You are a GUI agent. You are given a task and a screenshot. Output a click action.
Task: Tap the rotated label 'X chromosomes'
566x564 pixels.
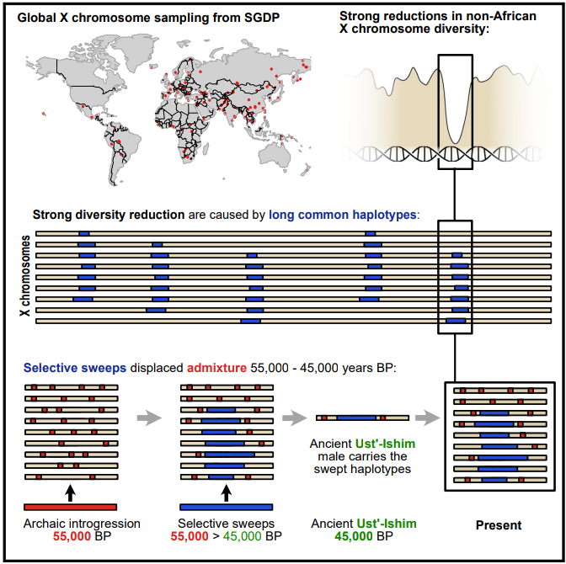point(24,276)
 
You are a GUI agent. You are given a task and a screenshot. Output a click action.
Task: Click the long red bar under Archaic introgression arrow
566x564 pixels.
point(71,507)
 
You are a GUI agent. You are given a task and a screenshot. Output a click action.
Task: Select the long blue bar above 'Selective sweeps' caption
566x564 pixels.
point(227,507)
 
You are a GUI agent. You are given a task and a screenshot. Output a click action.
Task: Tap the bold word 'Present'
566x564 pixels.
point(499,525)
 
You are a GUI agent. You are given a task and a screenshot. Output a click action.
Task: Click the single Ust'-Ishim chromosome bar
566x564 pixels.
point(362,418)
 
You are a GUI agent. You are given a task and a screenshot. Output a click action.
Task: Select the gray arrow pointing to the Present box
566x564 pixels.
point(428,418)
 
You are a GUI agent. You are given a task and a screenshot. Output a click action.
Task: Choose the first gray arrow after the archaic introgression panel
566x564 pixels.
point(149,418)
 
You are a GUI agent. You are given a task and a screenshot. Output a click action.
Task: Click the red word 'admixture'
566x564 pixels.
point(216,368)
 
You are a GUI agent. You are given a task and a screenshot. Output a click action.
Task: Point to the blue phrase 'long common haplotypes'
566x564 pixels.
point(343,215)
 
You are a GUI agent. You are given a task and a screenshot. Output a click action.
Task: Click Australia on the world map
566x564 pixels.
point(275,157)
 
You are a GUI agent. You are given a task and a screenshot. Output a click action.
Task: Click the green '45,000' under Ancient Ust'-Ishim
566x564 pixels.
point(354,536)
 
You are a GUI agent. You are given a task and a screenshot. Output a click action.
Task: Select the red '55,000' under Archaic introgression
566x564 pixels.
point(72,536)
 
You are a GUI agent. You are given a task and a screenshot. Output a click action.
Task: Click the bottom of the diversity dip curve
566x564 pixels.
point(456,141)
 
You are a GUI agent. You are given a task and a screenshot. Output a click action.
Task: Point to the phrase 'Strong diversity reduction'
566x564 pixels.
point(109,215)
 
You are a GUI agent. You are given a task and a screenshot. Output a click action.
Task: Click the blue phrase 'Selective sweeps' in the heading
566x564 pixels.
point(75,368)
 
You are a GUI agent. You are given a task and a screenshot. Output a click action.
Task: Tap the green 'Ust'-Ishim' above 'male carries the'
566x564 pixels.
point(385,444)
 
